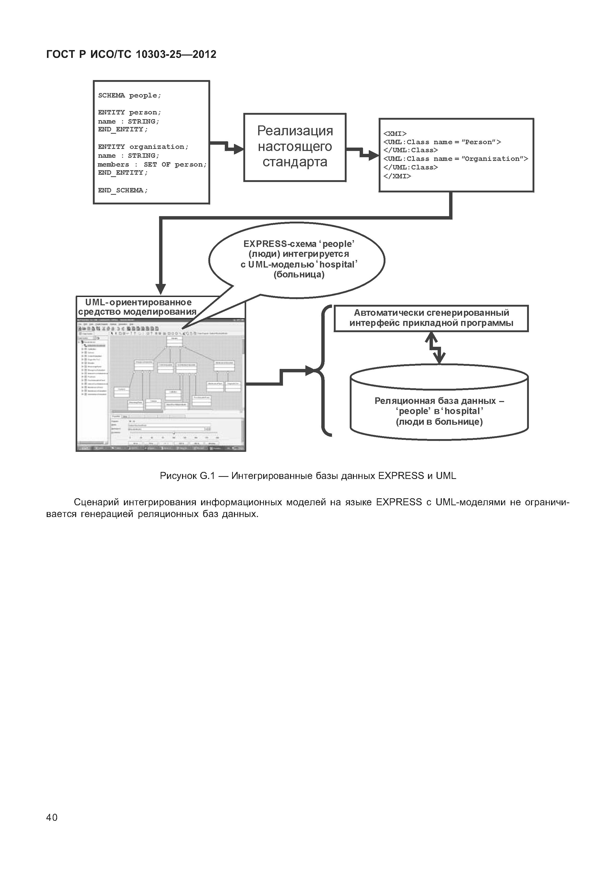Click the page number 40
pyautogui.click(x=52, y=817)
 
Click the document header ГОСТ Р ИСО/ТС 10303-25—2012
pyautogui.click(x=131, y=54)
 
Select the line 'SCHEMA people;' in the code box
pyautogui.click(x=129, y=95)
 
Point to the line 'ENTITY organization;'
pyautogui.click(x=143, y=147)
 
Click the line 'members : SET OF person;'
pyautogui.click(x=152, y=165)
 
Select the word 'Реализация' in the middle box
pyautogui.click(x=295, y=131)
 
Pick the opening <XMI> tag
pyautogui.click(x=395, y=133)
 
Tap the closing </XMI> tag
pyautogui.click(x=397, y=176)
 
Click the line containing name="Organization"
pyautogui.click(x=455, y=159)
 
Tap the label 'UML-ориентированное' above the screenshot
pyautogui.click(x=138, y=302)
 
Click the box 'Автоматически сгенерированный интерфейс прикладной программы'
pyautogui.click(x=431, y=318)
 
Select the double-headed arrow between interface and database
pyautogui.click(x=435, y=348)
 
